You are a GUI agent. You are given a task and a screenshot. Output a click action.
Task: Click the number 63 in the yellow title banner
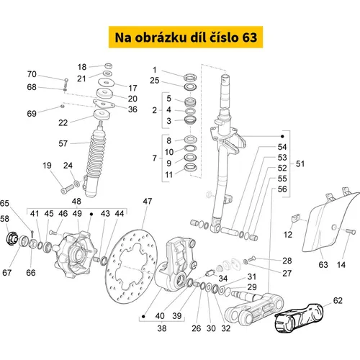coord(250,37)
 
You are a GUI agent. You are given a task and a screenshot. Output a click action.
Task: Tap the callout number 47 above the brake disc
coord(148,201)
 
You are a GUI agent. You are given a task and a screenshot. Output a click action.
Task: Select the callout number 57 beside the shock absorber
coord(63,143)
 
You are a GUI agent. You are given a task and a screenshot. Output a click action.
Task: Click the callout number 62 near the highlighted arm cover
coord(338,300)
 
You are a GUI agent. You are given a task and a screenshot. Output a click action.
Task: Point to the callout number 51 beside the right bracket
coord(300,163)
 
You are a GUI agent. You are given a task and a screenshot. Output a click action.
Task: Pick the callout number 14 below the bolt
coord(341,265)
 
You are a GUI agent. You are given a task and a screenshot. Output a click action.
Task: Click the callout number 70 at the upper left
coord(32,74)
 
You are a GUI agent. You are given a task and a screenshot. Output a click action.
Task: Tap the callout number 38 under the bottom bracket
coord(162,328)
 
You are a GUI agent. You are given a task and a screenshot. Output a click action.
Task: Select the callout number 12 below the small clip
coord(287,235)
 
